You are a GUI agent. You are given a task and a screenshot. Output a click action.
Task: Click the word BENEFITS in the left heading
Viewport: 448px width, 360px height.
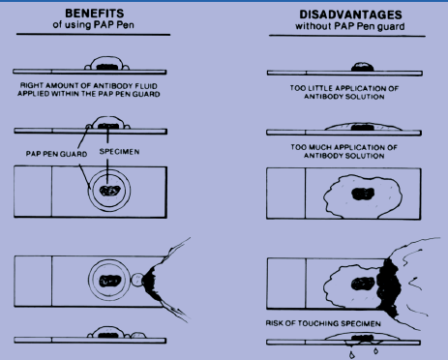(95, 14)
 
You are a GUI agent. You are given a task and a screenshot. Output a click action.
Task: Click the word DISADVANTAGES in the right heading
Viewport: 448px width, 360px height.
(350, 15)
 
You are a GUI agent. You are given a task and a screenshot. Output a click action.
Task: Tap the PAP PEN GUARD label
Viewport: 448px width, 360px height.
(56, 154)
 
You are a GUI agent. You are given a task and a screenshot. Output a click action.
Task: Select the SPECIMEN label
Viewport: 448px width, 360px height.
(119, 152)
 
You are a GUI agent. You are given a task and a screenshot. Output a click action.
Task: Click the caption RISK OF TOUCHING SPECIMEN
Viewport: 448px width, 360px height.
(323, 323)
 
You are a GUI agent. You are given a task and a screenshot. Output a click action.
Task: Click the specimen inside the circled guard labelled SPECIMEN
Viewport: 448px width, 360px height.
(110, 191)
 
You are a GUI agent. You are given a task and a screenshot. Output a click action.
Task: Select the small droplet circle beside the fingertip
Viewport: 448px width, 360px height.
(137, 280)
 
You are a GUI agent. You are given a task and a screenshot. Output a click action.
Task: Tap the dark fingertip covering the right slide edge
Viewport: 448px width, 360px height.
(389, 287)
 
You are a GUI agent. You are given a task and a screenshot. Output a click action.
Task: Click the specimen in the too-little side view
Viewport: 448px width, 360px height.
(363, 67)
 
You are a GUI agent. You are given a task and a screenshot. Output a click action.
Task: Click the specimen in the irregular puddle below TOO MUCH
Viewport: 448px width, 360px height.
(363, 194)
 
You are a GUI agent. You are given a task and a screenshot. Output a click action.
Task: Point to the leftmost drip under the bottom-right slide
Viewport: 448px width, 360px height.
(351, 355)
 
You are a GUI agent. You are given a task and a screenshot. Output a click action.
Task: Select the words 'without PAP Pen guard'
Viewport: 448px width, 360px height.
(350, 26)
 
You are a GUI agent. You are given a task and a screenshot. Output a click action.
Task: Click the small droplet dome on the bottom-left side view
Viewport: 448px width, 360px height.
(138, 335)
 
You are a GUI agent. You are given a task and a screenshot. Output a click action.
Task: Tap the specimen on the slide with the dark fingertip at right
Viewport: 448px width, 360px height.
(363, 284)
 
